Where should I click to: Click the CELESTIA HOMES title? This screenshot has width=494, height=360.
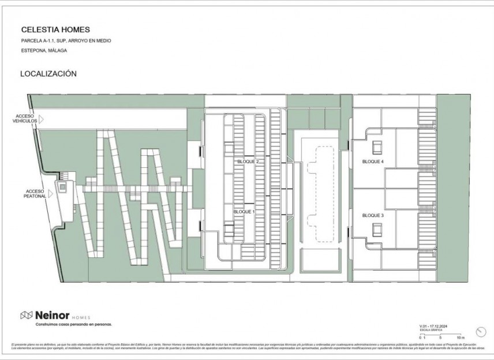[x=55, y=29]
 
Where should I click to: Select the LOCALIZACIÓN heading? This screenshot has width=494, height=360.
[x=48, y=74]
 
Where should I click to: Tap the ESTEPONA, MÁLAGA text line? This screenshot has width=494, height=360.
[x=44, y=51]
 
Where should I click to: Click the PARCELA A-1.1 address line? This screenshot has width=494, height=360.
[x=66, y=41]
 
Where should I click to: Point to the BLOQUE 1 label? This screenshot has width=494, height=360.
[x=244, y=212]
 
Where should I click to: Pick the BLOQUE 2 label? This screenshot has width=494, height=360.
[x=248, y=162]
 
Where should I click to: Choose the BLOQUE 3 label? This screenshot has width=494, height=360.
[x=373, y=215]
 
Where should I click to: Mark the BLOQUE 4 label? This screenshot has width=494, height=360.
[x=373, y=162]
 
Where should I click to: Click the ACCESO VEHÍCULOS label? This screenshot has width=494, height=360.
[x=25, y=118]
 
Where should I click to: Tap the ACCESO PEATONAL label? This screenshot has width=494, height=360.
[x=36, y=193]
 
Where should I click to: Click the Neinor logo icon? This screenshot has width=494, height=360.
[x=27, y=315]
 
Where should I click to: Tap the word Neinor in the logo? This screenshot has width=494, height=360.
[x=53, y=315]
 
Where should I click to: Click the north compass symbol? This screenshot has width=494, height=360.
[x=481, y=331]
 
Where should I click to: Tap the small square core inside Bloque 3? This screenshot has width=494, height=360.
[x=377, y=230]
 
